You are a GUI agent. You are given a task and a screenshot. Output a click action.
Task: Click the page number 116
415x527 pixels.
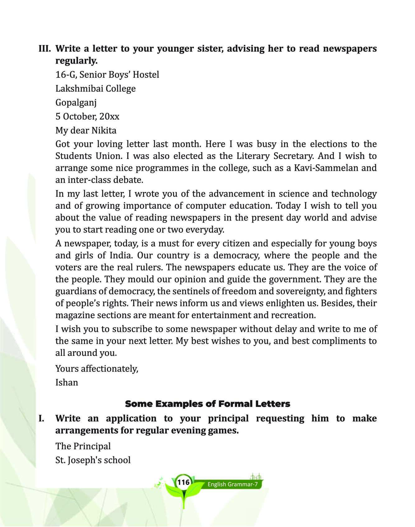click(183, 483)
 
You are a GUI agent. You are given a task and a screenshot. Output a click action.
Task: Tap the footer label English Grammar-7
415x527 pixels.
click(233, 484)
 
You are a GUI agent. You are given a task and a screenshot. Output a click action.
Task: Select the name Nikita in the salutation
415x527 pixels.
click(104, 130)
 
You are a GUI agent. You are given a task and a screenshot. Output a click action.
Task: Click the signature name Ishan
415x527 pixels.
click(67, 382)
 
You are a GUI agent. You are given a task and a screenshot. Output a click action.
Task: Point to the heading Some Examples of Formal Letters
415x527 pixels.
click(207, 404)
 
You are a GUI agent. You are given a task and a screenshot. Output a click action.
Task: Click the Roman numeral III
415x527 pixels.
click(45, 49)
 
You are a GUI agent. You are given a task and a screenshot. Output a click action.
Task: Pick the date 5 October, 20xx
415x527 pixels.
click(87, 116)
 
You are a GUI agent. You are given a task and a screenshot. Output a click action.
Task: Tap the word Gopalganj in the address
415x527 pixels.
click(76, 103)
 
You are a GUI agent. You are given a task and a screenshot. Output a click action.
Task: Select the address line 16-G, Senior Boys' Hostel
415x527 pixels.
click(107, 75)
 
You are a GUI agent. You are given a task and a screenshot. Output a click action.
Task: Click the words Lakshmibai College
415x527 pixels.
click(96, 89)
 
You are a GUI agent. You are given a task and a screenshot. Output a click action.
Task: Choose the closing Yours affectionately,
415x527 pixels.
click(97, 368)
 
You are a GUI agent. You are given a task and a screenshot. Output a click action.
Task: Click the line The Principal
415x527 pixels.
click(83, 446)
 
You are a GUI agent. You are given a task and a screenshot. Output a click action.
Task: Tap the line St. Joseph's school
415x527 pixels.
click(93, 460)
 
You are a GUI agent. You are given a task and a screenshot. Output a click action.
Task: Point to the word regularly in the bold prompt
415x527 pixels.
click(77, 61)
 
